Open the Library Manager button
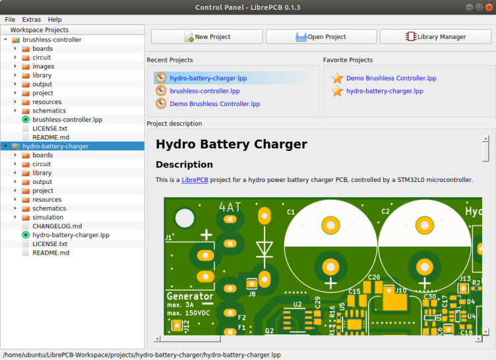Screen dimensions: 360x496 (x=436, y=37)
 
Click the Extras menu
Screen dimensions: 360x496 (x=32, y=20)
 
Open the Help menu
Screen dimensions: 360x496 (x=55, y=20)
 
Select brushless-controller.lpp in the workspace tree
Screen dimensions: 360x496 (x=67, y=119)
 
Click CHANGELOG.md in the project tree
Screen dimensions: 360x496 (x=57, y=226)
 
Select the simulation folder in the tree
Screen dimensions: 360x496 (x=47, y=217)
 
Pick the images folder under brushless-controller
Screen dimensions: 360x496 (x=43, y=67)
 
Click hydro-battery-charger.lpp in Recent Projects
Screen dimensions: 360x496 (x=208, y=78)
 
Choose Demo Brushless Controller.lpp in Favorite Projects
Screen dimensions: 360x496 (x=391, y=78)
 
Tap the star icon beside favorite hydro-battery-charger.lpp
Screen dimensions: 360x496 (x=338, y=91)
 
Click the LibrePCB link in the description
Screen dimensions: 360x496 (x=195, y=179)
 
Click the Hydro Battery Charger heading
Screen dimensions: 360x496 (x=232, y=144)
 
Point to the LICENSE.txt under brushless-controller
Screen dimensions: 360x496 (x=49, y=129)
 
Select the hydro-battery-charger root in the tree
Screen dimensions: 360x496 (x=55, y=146)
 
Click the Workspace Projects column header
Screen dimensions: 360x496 (x=40, y=30)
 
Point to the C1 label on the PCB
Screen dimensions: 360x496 (x=291, y=212)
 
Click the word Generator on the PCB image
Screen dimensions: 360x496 (x=190, y=297)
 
